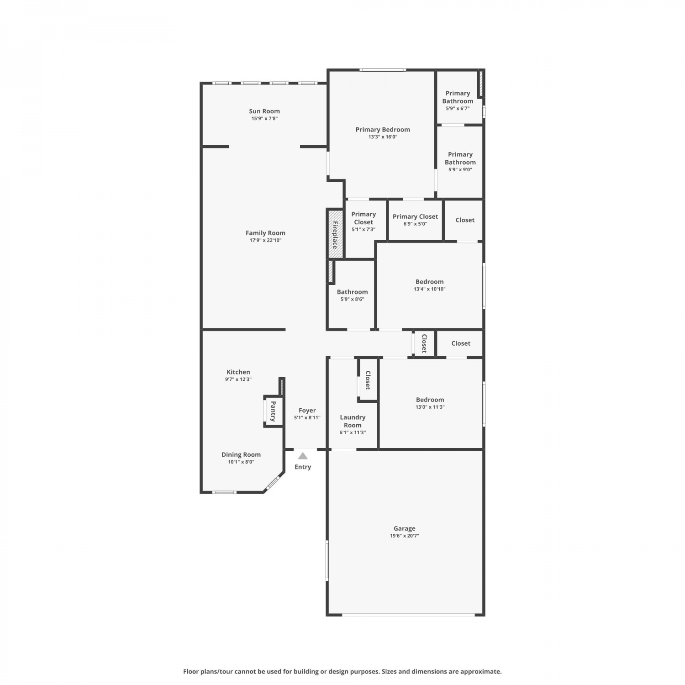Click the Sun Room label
click(x=264, y=111)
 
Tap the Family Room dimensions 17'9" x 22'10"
click(x=265, y=240)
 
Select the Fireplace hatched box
click(x=335, y=234)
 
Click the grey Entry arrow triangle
click(x=303, y=456)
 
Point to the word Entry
click(x=303, y=467)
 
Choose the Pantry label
click(x=273, y=411)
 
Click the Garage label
click(x=405, y=528)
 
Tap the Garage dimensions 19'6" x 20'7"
click(x=405, y=536)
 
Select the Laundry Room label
click(x=353, y=421)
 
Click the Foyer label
click(x=307, y=411)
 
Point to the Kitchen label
click(x=238, y=372)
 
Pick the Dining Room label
click(x=241, y=455)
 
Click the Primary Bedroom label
click(x=383, y=130)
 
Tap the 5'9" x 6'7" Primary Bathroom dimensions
click(x=458, y=109)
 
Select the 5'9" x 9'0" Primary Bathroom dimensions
click(x=460, y=170)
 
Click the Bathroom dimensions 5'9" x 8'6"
click(x=353, y=300)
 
